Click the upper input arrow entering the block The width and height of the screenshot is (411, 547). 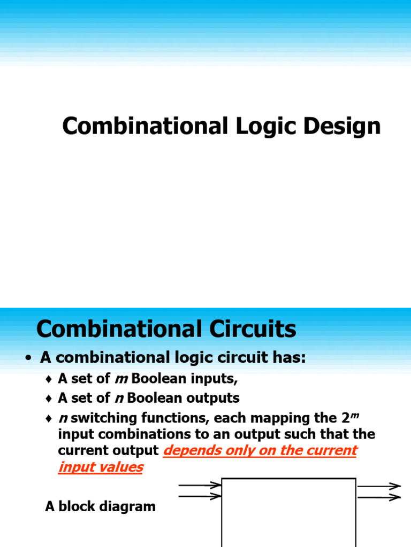coord(200,486)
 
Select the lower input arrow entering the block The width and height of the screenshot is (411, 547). coord(200,496)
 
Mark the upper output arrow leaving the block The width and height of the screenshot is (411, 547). coord(379,487)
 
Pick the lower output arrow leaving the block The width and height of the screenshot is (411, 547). coord(379,497)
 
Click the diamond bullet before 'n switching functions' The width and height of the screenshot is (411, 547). coord(49,418)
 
